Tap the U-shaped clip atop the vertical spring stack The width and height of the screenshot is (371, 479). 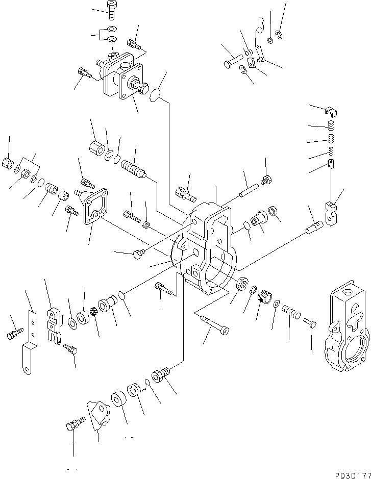[x=331, y=111]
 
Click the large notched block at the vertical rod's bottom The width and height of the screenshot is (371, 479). [x=331, y=213]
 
